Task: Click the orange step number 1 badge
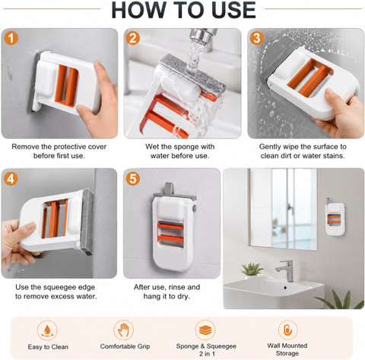11,38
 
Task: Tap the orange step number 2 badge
133,38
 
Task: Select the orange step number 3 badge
257,38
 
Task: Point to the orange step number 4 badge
11,179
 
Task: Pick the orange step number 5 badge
133,179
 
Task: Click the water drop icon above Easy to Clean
47,330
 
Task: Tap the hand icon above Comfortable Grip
123,330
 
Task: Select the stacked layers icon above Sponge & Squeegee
205,330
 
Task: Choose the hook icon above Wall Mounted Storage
287,330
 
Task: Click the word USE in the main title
233,10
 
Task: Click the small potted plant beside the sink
251,269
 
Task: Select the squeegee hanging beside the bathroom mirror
335,217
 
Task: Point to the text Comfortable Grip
125,346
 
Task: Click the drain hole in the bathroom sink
285,288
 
